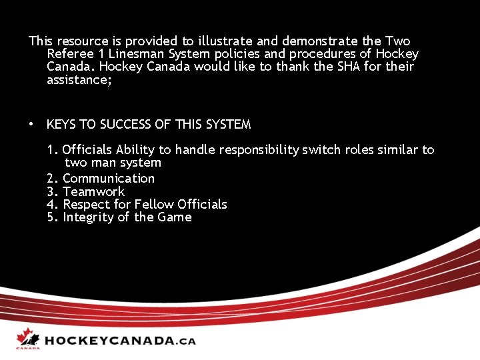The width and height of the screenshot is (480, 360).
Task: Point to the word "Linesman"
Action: pyautogui.click(x=133, y=54)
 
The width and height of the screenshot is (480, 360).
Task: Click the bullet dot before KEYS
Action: pyautogui.click(x=31, y=124)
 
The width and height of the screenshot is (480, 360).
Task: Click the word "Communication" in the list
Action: pyautogui.click(x=109, y=179)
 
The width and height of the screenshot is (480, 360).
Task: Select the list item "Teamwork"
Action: pyautogui.click(x=93, y=191)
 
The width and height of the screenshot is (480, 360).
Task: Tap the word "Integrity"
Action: pyautogui.click(x=88, y=217)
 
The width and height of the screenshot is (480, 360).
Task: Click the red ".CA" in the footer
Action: pyautogui.click(x=186, y=341)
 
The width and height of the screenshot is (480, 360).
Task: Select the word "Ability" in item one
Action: pyautogui.click(x=136, y=150)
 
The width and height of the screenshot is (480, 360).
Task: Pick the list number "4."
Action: pyautogui.click(x=53, y=205)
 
